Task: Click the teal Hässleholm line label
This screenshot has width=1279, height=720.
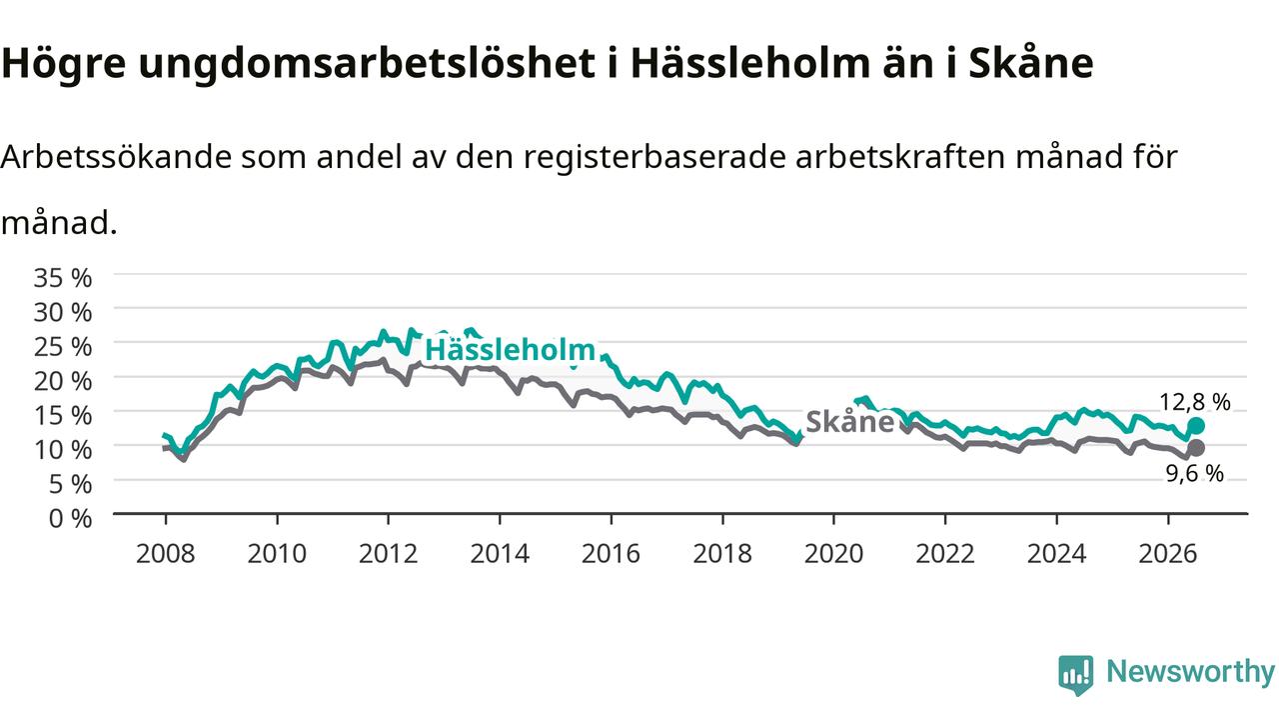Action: pyautogui.click(x=510, y=350)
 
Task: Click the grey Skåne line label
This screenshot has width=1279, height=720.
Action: pyautogui.click(x=849, y=422)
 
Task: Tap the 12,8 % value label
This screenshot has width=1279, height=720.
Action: pyautogui.click(x=1194, y=402)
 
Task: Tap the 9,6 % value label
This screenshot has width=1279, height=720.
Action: pyautogui.click(x=1194, y=473)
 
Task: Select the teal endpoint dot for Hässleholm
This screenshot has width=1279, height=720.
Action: pyautogui.click(x=1196, y=426)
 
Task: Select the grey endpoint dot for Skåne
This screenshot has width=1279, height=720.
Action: pyautogui.click(x=1196, y=448)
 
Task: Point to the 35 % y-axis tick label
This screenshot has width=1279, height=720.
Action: pyautogui.click(x=63, y=278)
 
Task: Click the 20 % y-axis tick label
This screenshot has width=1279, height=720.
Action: pyautogui.click(x=63, y=381)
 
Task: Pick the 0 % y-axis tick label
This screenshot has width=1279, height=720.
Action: pyautogui.click(x=70, y=518)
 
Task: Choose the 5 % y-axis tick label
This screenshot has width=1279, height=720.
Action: pyautogui.click(x=70, y=484)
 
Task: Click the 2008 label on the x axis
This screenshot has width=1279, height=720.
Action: pyautogui.click(x=166, y=554)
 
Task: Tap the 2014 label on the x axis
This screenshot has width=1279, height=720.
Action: pyautogui.click(x=500, y=554)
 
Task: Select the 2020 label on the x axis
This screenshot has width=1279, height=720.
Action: pyautogui.click(x=833, y=554)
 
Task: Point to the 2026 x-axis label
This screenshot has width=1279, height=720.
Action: pyautogui.click(x=1168, y=554)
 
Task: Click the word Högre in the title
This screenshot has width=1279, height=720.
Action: pyautogui.click(x=63, y=64)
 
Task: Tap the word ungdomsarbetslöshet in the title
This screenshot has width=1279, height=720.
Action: pyautogui.click(x=367, y=64)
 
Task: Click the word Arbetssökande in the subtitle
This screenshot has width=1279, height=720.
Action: pyautogui.click(x=116, y=156)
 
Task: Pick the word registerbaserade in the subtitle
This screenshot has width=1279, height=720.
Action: pyautogui.click(x=653, y=157)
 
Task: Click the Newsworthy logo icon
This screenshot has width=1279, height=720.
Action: pyautogui.click(x=1076, y=674)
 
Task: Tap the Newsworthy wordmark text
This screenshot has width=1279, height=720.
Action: pyautogui.click(x=1190, y=672)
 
